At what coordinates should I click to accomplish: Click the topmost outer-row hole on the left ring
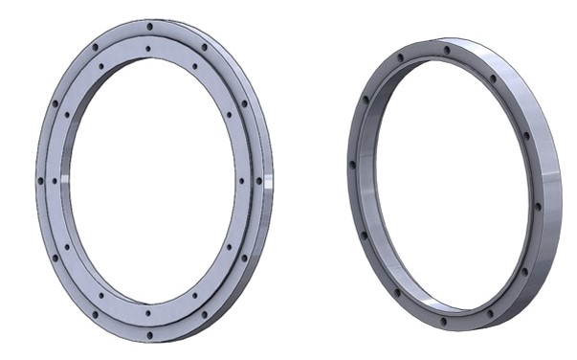tap(149, 26)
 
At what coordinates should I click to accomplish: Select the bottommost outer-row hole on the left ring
tap(148, 334)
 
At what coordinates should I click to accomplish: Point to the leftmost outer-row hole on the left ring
tap(40, 179)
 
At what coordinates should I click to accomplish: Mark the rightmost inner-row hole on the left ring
tap(240, 180)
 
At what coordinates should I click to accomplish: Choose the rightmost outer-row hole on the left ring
tap(260, 180)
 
